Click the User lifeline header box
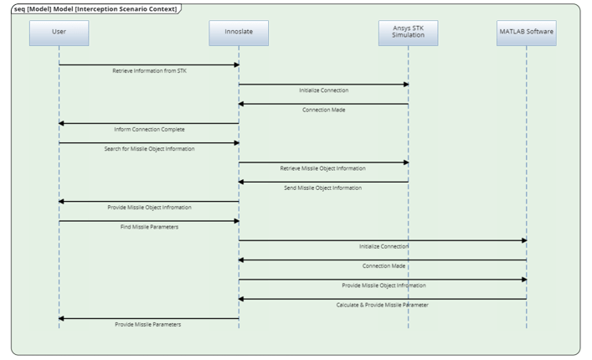(59, 33)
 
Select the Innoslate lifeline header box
(239, 33)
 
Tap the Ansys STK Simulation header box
(408, 33)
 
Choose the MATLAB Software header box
(526, 33)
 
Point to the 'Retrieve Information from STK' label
(149, 71)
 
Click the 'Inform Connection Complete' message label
(149, 130)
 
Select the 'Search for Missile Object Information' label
(149, 149)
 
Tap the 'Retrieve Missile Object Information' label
(322, 168)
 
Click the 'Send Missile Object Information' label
(322, 188)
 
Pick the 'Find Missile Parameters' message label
(149, 227)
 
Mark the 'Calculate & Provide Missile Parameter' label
(382, 305)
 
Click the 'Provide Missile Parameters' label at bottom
(149, 324)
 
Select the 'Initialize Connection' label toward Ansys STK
(322, 90)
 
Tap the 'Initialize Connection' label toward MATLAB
(382, 246)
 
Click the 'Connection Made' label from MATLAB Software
(382, 266)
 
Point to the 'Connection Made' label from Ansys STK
(322, 110)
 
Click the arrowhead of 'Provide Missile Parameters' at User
(61, 318)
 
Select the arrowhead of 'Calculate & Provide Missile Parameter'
(242, 299)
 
